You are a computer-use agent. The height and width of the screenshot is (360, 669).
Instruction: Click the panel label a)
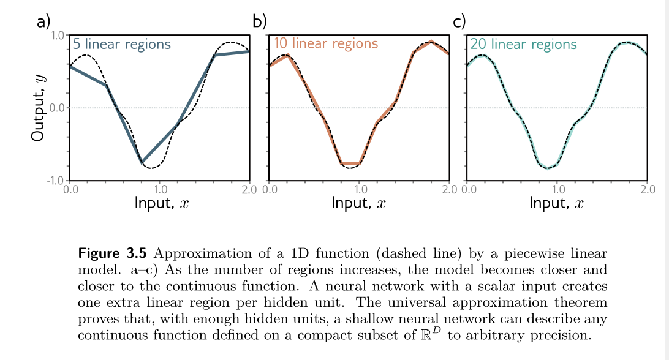[x=43, y=23]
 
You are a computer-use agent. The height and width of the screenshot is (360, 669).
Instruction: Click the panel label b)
[x=260, y=22]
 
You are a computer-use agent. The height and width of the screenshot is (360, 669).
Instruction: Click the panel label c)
[x=459, y=22]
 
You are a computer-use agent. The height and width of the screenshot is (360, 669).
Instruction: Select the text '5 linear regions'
[x=121, y=45]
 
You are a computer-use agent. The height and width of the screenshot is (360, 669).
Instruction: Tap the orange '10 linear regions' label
[x=325, y=44]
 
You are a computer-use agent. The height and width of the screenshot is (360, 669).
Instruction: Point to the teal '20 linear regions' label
[x=523, y=45]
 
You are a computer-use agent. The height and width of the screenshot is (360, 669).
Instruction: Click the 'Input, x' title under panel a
[x=161, y=202]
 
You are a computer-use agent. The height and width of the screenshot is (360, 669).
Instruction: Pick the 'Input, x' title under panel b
[x=358, y=202]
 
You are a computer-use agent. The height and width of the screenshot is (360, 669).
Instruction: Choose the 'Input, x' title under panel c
[x=556, y=202]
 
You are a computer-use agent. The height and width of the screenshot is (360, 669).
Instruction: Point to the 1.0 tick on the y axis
[x=58, y=36]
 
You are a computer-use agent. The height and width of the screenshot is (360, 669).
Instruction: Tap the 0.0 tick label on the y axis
[x=58, y=108]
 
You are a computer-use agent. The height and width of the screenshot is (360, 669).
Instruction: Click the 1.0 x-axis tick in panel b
[x=360, y=189]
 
